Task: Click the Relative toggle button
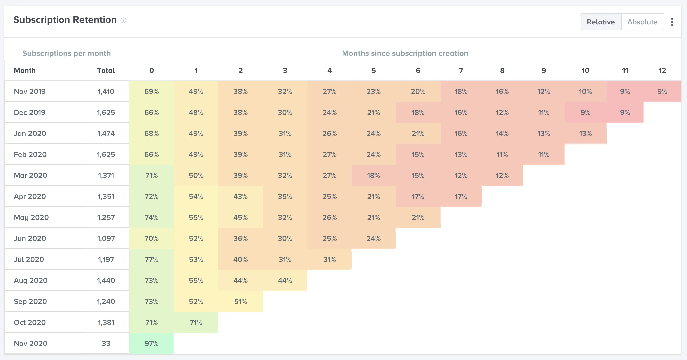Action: click(x=601, y=22)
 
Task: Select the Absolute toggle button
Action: click(x=642, y=22)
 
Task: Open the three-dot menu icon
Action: click(x=672, y=22)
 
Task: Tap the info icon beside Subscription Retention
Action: click(x=123, y=20)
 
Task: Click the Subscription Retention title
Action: click(x=65, y=20)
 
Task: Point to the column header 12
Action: click(x=662, y=71)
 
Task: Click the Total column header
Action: click(x=106, y=71)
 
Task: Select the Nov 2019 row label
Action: click(x=30, y=91)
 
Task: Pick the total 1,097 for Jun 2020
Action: click(x=106, y=238)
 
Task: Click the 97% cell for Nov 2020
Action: click(x=151, y=343)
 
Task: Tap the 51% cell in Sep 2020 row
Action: click(x=240, y=301)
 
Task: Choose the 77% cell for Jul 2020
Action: click(x=151, y=259)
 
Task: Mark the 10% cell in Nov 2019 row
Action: click(x=585, y=91)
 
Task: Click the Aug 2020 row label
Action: click(x=31, y=280)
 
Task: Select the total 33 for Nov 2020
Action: click(x=106, y=343)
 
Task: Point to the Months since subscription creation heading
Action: click(x=405, y=54)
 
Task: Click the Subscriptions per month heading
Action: click(x=66, y=54)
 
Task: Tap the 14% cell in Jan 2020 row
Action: click(x=502, y=133)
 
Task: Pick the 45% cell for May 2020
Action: click(x=240, y=217)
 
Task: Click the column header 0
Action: click(x=151, y=71)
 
